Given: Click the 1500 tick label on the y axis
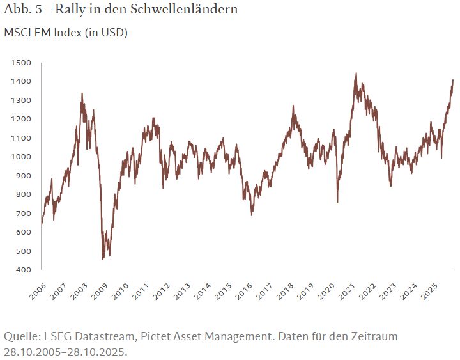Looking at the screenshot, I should pyautogui.click(x=20, y=63).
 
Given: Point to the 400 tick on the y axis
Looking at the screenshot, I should pyautogui.click(x=23, y=270).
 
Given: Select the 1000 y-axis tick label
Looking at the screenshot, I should pyautogui.click(x=20, y=157).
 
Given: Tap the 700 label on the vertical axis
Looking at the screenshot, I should pyautogui.click(x=23, y=214).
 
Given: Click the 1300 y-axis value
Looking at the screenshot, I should pyautogui.click(x=20, y=100).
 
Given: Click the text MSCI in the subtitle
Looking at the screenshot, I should pyautogui.click(x=18, y=32).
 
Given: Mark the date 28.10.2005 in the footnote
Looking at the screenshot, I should pyautogui.click(x=32, y=351).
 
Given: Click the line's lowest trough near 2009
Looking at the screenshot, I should pyautogui.click(x=103, y=260).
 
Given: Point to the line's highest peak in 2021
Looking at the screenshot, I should pyautogui.click(x=355, y=74).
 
